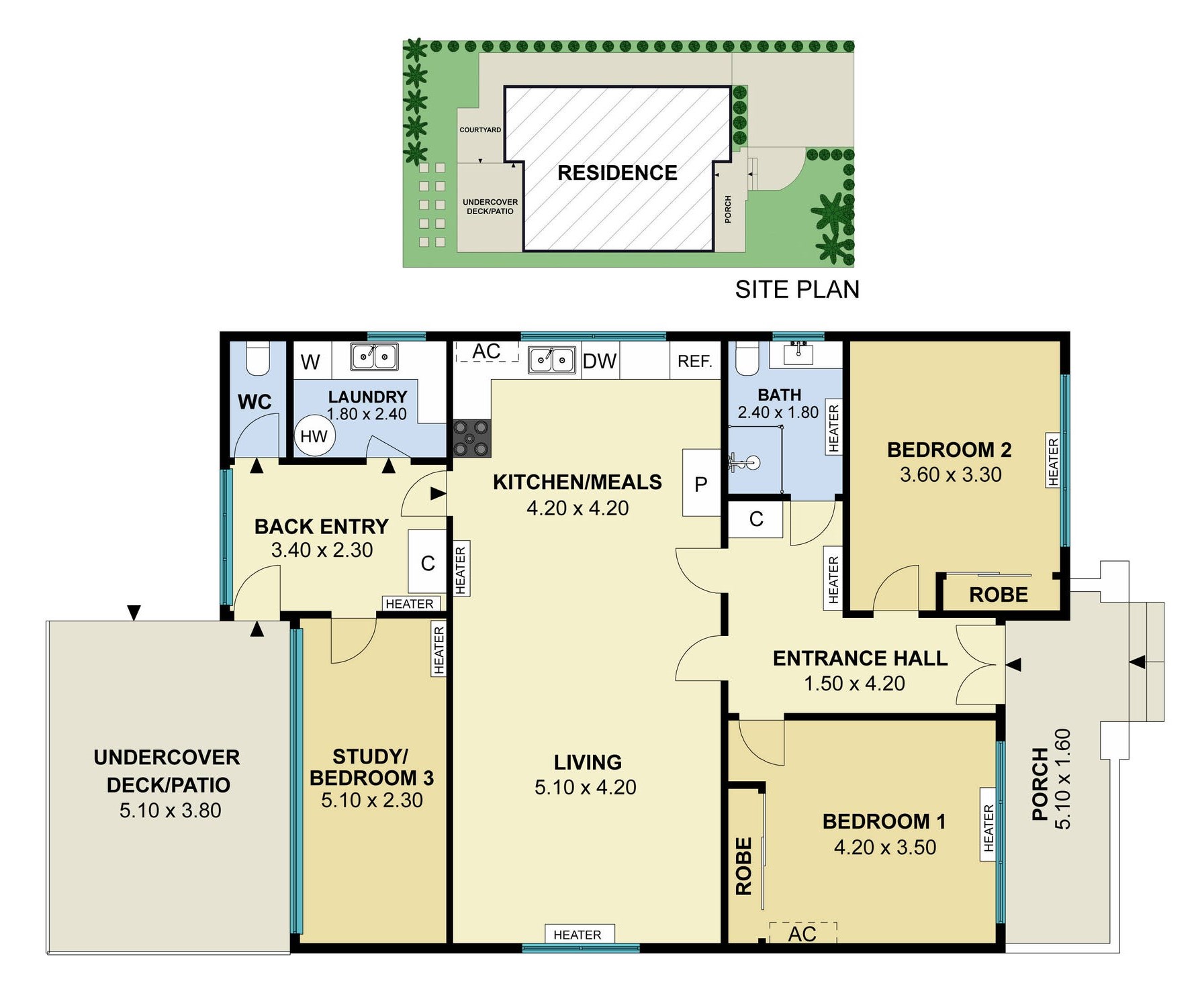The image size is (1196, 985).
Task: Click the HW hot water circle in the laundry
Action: coord(314,436)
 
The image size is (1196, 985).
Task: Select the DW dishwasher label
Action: coord(599,361)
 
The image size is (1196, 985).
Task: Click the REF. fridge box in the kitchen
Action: coord(694,361)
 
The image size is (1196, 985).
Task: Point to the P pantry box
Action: coord(700,483)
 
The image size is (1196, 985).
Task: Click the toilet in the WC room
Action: coord(258,358)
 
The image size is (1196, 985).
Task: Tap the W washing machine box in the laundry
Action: coord(310,362)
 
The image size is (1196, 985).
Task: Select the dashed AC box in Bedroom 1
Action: coord(802,933)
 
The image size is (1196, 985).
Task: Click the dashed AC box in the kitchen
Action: coord(487,352)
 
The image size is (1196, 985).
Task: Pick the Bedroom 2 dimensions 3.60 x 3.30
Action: coord(950,474)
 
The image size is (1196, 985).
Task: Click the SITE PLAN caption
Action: coord(796,289)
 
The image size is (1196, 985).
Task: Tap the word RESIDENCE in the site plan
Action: coord(617,172)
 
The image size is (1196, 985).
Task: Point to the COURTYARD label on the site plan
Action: coord(480,129)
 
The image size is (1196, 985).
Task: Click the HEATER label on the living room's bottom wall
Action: coord(577,935)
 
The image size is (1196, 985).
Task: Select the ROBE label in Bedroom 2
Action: coord(998,594)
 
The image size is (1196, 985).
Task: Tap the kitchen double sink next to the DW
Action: coord(551,360)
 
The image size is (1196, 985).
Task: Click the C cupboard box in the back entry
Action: coord(427,563)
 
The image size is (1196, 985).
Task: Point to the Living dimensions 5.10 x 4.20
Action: coord(585,787)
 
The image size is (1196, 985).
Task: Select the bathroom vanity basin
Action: coord(799,352)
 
